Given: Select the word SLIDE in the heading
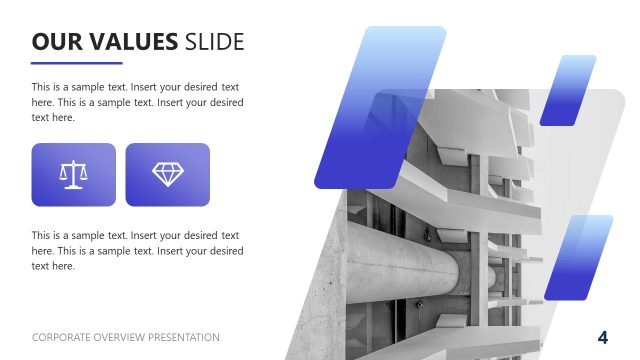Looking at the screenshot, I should pyautogui.click(x=215, y=41).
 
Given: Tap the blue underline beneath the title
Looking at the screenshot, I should pyautogui.click(x=76, y=63).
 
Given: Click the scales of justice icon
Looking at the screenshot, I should pyautogui.click(x=73, y=174).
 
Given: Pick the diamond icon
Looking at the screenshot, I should pyautogui.click(x=167, y=174).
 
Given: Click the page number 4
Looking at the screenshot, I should pyautogui.click(x=603, y=336).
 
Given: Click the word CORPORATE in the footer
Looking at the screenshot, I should pyautogui.click(x=62, y=338).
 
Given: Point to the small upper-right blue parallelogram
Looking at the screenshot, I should pyautogui.click(x=568, y=90).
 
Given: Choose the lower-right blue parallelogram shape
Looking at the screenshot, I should pyautogui.click(x=578, y=257).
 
